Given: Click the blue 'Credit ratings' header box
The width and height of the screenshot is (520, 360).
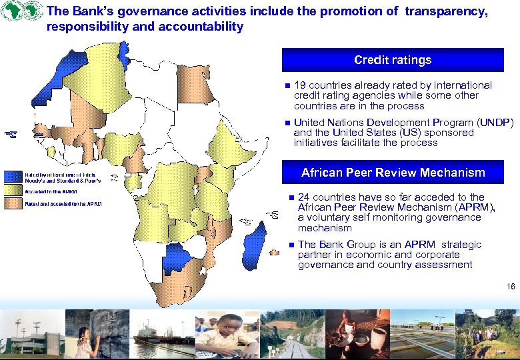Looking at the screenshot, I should (393, 60).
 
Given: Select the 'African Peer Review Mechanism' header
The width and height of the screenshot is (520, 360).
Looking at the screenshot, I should (393, 173).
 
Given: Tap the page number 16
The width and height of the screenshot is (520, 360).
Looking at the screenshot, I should (511, 286).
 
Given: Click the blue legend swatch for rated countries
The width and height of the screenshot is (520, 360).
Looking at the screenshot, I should (13, 177).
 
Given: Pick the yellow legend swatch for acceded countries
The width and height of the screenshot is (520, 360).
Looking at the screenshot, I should (13, 191).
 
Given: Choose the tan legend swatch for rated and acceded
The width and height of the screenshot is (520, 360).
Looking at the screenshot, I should (13, 204).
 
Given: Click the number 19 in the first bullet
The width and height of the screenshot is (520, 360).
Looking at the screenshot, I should (300, 85).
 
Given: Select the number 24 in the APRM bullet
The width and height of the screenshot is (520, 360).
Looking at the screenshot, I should (304, 197).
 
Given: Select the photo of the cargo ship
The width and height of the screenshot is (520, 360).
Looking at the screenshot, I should (162, 335).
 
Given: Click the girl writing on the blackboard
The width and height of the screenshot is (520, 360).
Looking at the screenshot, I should (87, 337).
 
